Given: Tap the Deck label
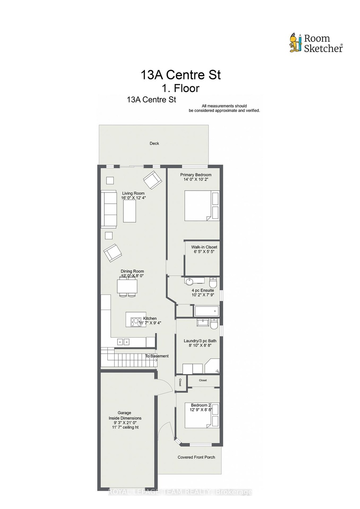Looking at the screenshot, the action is click(x=154, y=143).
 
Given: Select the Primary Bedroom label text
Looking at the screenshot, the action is click(x=196, y=175).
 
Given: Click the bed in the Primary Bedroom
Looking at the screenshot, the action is click(x=202, y=206).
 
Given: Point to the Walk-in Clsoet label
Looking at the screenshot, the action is click(x=204, y=247).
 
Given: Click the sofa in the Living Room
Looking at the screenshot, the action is click(x=109, y=210).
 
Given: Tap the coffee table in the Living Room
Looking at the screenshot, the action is click(x=129, y=212).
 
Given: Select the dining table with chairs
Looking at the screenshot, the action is click(x=127, y=288).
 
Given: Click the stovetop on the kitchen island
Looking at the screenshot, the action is click(x=136, y=322).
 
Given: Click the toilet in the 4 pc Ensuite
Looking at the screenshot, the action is click(x=213, y=282).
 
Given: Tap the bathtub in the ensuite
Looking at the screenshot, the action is click(x=206, y=311).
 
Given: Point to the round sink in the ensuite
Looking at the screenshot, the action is click(x=189, y=282).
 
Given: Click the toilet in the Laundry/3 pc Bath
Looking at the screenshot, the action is click(x=214, y=324).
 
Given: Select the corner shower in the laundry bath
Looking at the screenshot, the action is click(x=212, y=366).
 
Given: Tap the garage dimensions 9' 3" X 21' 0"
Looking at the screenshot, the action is click(x=126, y=422).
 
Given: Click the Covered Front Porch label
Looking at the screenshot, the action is click(x=196, y=457).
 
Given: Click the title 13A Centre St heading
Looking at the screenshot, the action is click(x=181, y=75).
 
